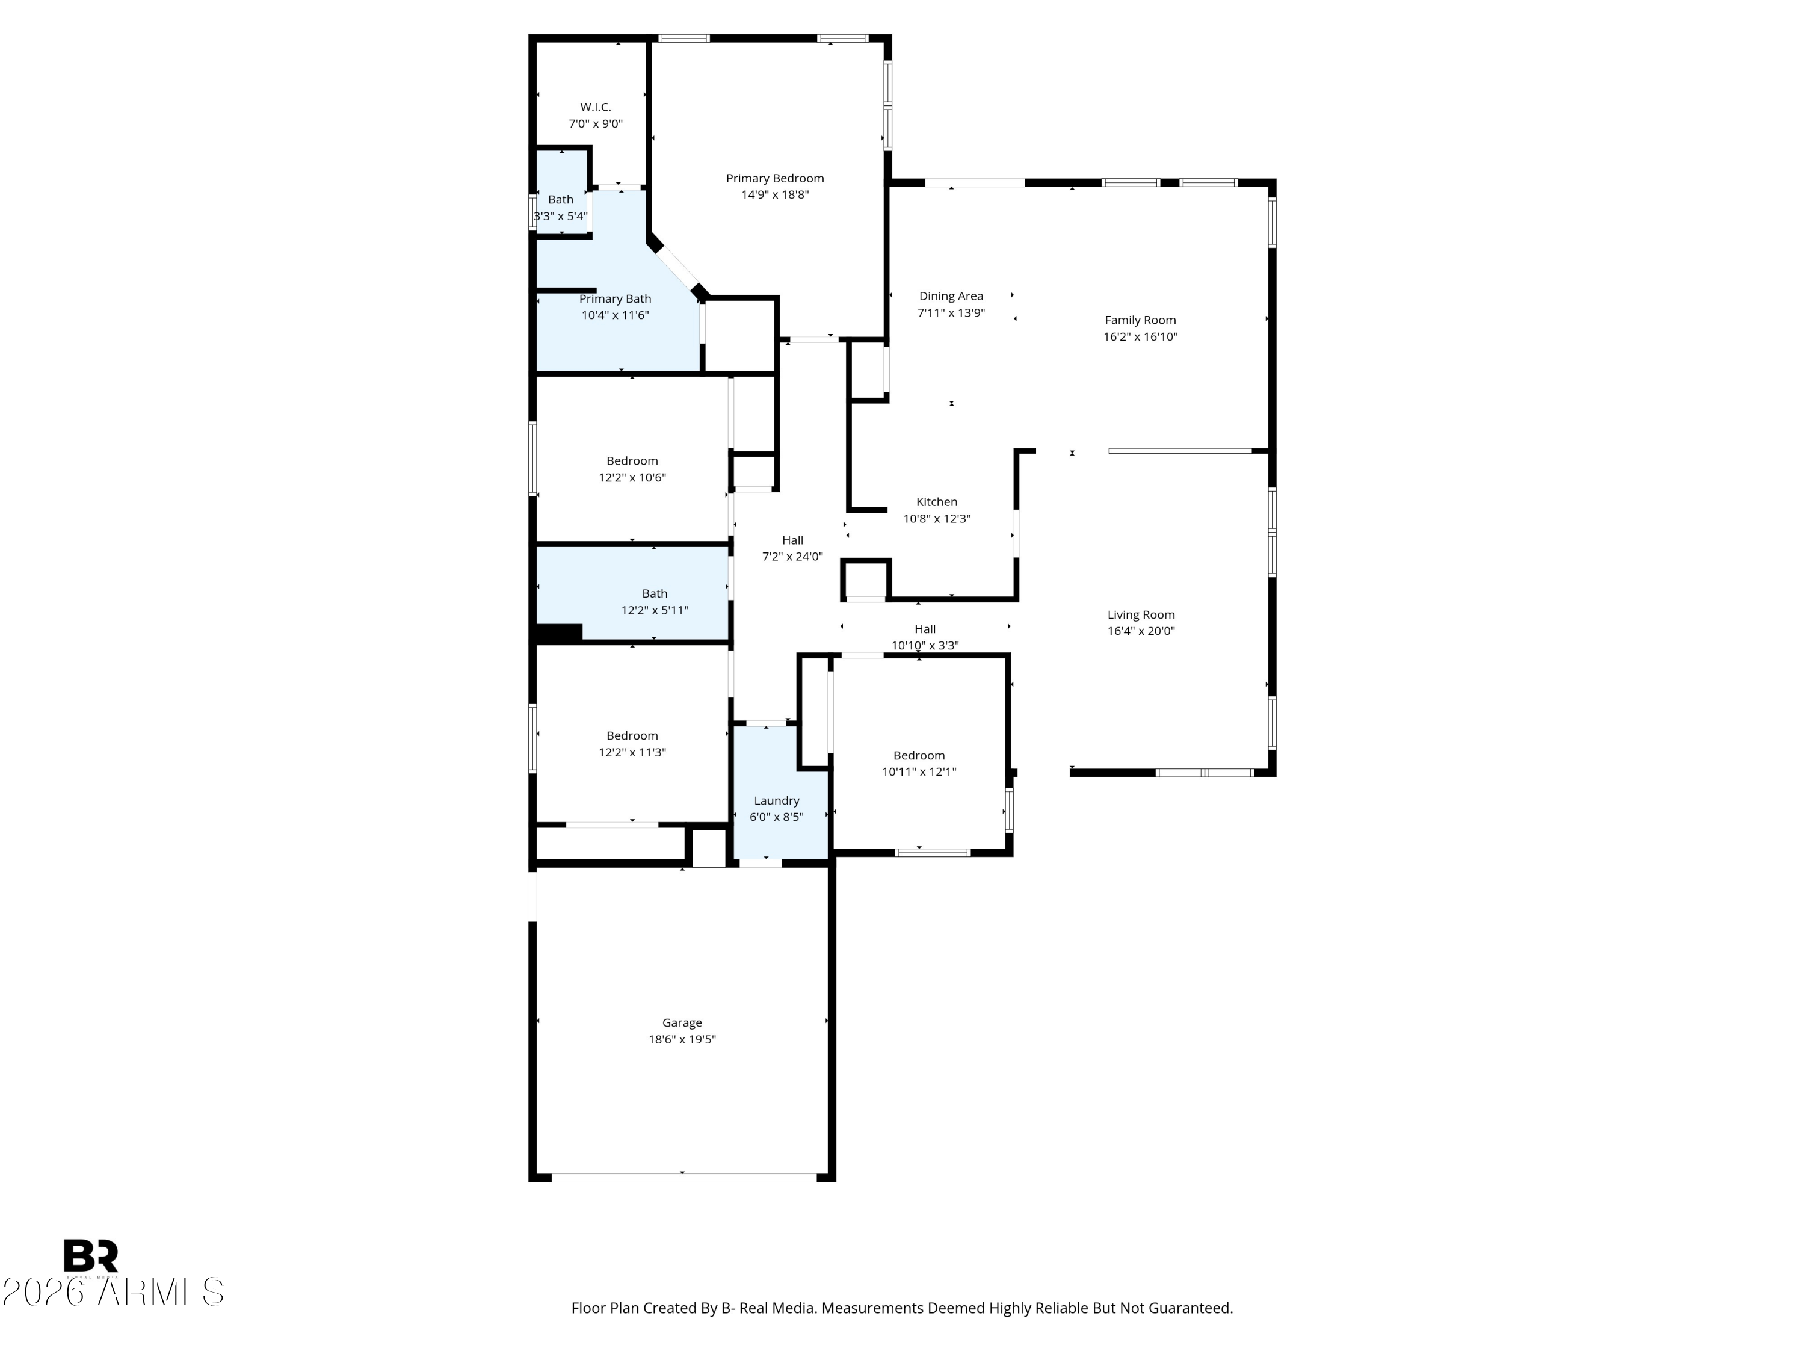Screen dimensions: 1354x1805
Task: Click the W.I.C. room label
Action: pyautogui.click(x=595, y=107)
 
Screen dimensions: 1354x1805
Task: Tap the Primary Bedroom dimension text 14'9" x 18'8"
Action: pyautogui.click(x=774, y=195)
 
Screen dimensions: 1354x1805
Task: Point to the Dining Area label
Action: pyautogui.click(x=951, y=296)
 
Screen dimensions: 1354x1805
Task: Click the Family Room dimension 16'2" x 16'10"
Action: pyautogui.click(x=1140, y=337)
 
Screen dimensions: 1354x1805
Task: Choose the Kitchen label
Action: pyautogui.click(x=936, y=502)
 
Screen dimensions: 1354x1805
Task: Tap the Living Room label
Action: pyautogui.click(x=1140, y=614)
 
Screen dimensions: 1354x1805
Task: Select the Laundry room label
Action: pyautogui.click(x=776, y=800)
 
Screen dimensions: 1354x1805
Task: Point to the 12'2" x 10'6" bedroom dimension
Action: pyautogui.click(x=632, y=477)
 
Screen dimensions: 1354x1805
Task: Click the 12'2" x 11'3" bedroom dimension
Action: pyautogui.click(x=632, y=752)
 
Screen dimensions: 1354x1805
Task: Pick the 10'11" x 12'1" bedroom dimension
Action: pyautogui.click(x=918, y=772)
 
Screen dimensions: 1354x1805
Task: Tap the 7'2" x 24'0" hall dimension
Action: pyautogui.click(x=792, y=557)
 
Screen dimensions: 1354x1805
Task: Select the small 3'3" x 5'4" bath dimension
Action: pyautogui.click(x=561, y=216)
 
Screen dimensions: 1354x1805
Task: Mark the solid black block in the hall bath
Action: pyautogui.click(x=559, y=632)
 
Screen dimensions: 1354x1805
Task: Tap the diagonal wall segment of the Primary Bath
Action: pyautogui.click(x=677, y=266)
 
